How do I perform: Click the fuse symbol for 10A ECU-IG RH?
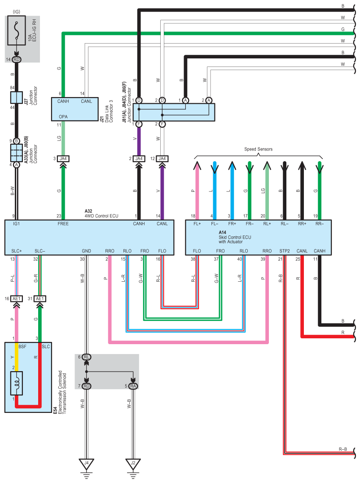click(x=16, y=31)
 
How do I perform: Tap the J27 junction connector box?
click(x=16, y=97)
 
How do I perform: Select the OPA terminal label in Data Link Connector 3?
click(x=63, y=117)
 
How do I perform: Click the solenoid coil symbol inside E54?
click(x=17, y=383)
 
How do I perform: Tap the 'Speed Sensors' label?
click(x=258, y=149)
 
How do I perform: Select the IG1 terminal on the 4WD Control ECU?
click(x=16, y=224)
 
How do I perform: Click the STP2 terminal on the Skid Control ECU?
click(x=285, y=251)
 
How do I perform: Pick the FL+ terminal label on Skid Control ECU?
click(x=197, y=224)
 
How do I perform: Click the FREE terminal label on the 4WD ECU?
click(x=63, y=224)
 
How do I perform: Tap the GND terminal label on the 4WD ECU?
click(x=87, y=251)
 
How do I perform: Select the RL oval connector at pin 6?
click(x=87, y=357)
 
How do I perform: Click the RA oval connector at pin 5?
click(x=133, y=386)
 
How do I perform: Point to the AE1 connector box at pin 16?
click(x=16, y=298)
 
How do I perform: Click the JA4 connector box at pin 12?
click(x=162, y=159)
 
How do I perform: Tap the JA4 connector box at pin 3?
click(x=63, y=159)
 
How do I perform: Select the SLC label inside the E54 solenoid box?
click(x=45, y=346)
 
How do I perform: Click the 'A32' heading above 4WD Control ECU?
click(x=88, y=211)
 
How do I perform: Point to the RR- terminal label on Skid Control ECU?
click(x=320, y=224)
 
